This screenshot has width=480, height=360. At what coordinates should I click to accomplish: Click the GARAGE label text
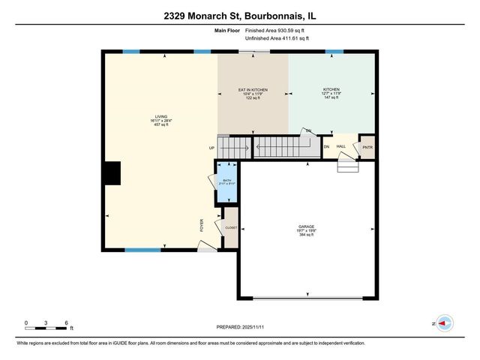[306, 226]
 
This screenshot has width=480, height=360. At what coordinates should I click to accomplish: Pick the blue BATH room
[226, 184]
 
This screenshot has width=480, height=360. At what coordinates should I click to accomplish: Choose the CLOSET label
[231, 228]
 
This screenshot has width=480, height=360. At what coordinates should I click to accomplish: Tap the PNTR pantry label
[367, 147]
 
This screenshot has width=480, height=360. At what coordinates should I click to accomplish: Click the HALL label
[340, 146]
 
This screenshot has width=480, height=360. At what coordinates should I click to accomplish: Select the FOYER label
[201, 224]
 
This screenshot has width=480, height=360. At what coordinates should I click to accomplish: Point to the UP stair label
[211, 148]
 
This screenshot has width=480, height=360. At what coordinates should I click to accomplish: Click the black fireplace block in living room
[112, 172]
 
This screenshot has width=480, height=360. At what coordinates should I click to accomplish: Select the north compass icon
[444, 323]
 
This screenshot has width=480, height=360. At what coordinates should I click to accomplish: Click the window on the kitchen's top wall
[334, 52]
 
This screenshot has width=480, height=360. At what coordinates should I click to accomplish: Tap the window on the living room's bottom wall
[142, 250]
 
